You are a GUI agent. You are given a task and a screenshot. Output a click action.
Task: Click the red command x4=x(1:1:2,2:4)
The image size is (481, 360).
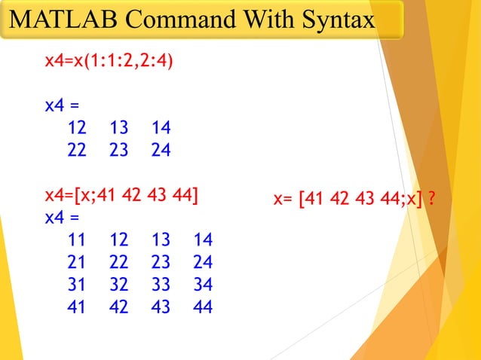click(x=109, y=60)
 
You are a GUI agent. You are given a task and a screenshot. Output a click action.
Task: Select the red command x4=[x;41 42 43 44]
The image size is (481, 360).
click(x=121, y=197)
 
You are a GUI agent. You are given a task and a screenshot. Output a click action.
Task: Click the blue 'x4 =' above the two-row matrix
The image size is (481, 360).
click(x=62, y=105)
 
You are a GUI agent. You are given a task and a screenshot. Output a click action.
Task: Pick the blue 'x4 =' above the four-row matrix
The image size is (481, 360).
click(x=62, y=218)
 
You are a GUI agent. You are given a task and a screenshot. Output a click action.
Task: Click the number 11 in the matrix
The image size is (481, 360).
click(x=77, y=240)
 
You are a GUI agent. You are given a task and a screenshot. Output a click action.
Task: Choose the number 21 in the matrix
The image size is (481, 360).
click(x=77, y=262)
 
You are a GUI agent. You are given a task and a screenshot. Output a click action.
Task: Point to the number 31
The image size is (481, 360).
click(x=77, y=285)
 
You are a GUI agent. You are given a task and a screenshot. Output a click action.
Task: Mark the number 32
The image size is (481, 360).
click(x=118, y=285)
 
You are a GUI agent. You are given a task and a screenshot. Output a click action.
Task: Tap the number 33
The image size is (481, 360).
click(x=161, y=285)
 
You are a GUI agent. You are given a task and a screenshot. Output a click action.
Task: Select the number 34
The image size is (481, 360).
click(x=202, y=285)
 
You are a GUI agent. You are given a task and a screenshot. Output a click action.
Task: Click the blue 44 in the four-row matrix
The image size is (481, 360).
click(x=202, y=307)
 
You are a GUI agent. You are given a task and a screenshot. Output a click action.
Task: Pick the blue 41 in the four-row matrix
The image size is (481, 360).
click(x=77, y=307)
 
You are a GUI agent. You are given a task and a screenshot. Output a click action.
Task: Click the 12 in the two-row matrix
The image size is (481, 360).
click(x=77, y=128)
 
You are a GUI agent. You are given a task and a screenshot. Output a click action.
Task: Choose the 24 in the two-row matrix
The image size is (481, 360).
click(x=161, y=150)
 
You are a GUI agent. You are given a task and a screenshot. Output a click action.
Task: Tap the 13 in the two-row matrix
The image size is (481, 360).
click(x=118, y=128)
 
